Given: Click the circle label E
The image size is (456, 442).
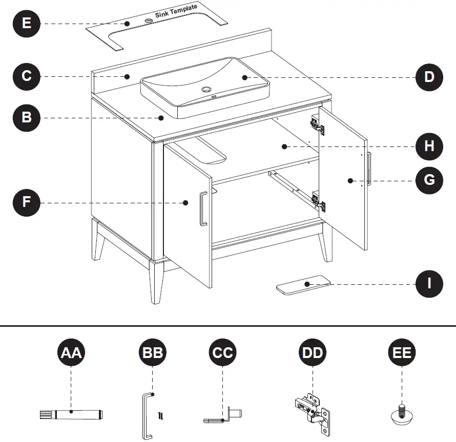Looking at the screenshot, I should [27, 24].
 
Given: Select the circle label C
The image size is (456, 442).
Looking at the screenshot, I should [27, 76].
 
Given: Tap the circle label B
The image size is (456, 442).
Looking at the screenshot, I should [27, 117].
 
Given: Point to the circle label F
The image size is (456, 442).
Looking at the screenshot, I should [27, 202].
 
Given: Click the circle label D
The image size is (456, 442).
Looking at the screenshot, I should [429, 77].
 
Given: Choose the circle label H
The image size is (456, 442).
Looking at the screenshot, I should [429, 146].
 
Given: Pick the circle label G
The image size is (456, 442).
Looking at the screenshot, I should [429, 180].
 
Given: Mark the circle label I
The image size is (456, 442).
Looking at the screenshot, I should [429, 283].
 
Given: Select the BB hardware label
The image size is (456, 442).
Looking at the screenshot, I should [153, 353].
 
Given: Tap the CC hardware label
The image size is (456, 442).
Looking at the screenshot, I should [223, 353].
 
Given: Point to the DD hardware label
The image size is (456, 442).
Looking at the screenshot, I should [313, 353].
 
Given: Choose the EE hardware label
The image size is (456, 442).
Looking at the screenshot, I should [402, 353].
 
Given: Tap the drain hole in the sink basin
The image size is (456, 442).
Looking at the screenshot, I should [208, 89].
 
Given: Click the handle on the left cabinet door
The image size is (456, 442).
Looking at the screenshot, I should [203, 209].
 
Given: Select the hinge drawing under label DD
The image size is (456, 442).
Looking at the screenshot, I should [312, 410].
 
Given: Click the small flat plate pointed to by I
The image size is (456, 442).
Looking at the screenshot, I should [303, 285].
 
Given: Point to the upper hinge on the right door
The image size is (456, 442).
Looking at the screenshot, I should [318, 124].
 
